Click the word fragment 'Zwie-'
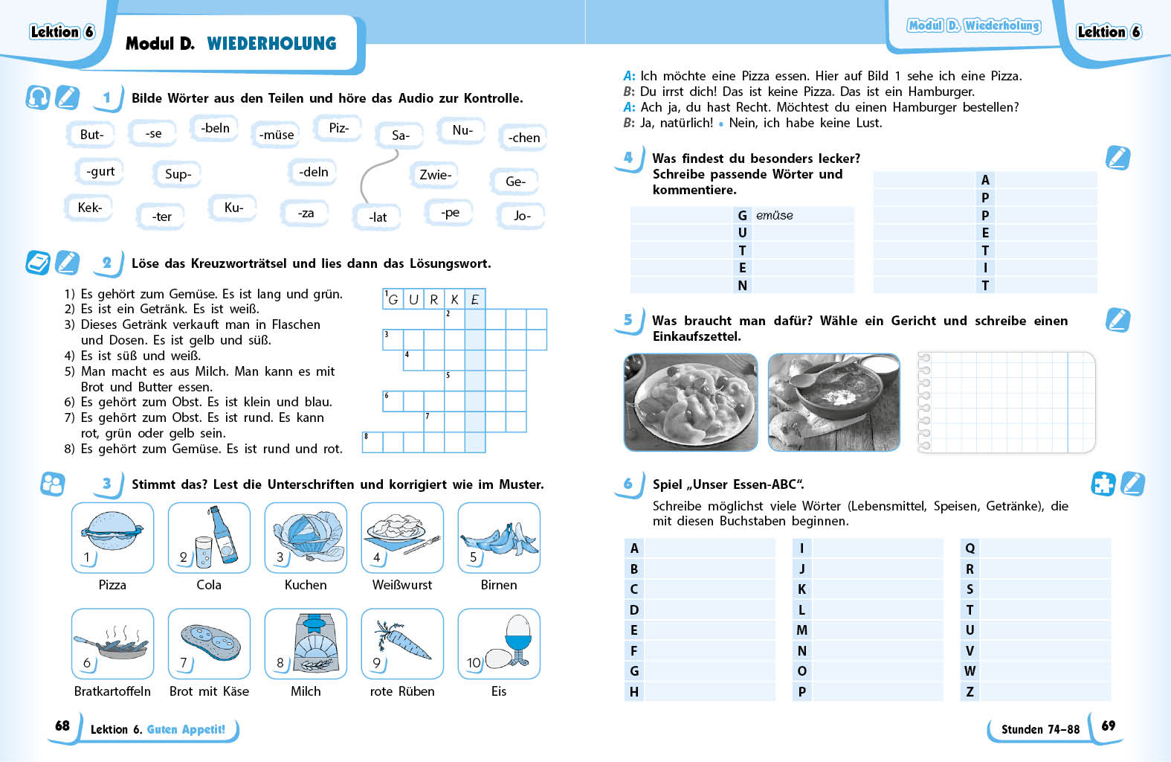pyautogui.click(x=435, y=175)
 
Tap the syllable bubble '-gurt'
pyautogui.click(x=100, y=171)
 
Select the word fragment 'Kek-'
pyautogui.click(x=90, y=208)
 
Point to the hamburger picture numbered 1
pyautogui.click(x=112, y=531)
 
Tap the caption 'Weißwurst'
pyautogui.click(x=402, y=585)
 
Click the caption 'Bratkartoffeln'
pyautogui.click(x=112, y=691)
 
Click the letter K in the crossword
pyautogui.click(x=454, y=299)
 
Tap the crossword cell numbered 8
pyautogui.click(x=372, y=442)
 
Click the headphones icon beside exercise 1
pyautogui.click(x=38, y=97)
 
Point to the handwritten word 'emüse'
pyautogui.click(x=775, y=215)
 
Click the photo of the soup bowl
pyautogui.click(x=833, y=402)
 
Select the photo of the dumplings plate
pyautogui.click(x=691, y=402)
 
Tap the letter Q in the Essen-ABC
pyautogui.click(x=970, y=548)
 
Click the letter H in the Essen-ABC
pyautogui.click(x=634, y=691)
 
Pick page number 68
pyautogui.click(x=62, y=726)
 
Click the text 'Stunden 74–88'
pyautogui.click(x=1040, y=729)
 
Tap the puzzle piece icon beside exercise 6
pyautogui.click(x=1103, y=484)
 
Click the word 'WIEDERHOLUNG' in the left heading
pyautogui.click(x=271, y=43)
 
